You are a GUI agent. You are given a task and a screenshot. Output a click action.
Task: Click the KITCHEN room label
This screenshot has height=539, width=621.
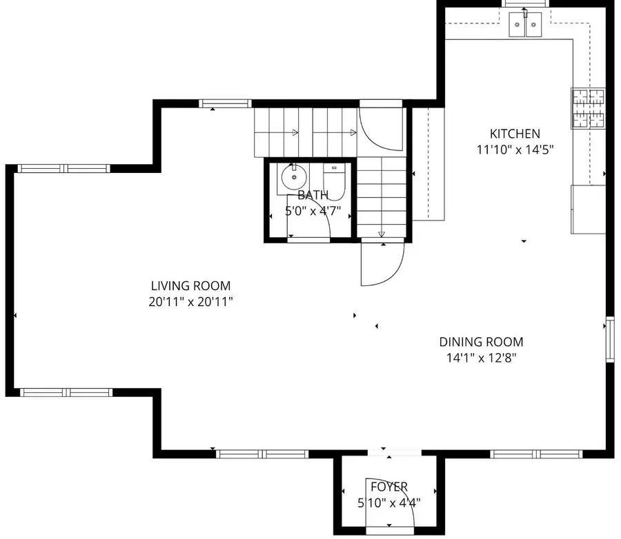(x=515, y=134)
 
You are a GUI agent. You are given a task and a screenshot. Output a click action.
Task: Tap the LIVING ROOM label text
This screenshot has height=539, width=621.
(x=190, y=285)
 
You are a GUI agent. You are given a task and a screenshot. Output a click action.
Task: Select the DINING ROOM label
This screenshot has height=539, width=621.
(x=481, y=341)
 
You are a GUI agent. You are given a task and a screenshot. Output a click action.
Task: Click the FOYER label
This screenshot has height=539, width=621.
(x=388, y=487)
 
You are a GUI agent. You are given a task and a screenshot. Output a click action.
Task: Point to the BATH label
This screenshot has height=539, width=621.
(x=313, y=195)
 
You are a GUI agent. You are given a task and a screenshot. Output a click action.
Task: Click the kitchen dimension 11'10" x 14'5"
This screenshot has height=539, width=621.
(x=515, y=149)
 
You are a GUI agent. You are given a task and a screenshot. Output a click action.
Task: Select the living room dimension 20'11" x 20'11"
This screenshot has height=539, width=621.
(x=190, y=301)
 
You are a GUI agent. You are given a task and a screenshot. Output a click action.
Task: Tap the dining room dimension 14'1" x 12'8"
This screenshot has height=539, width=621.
(x=481, y=357)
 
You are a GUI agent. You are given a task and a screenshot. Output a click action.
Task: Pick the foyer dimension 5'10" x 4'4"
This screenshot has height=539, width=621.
(x=388, y=502)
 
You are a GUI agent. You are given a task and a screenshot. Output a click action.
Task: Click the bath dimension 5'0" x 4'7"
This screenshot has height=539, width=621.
(x=313, y=211)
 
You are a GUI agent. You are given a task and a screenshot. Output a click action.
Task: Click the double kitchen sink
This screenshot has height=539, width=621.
(x=526, y=26)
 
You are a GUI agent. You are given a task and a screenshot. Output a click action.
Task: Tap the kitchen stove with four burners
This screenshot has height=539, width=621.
(x=587, y=108)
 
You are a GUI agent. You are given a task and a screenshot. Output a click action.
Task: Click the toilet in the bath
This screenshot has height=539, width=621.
(x=334, y=177)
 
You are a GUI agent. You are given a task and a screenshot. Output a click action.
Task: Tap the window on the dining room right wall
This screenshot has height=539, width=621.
(x=609, y=338)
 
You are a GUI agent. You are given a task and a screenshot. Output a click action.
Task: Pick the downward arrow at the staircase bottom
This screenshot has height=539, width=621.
(x=382, y=234)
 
